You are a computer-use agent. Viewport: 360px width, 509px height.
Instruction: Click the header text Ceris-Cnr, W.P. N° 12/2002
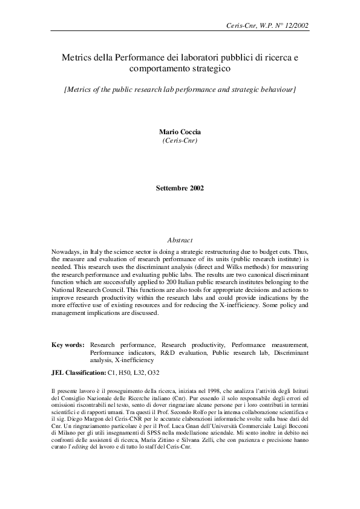click(x=267, y=26)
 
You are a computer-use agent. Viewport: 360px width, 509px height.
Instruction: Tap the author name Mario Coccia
click(x=180, y=131)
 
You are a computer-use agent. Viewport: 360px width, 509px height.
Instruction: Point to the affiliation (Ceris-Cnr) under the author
click(x=180, y=140)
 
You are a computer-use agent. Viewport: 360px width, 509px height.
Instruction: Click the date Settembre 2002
click(x=180, y=188)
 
